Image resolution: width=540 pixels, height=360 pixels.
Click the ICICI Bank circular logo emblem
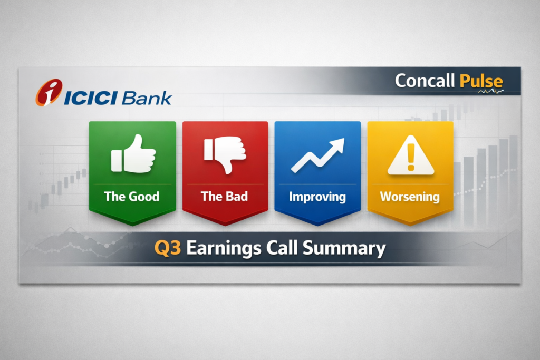click(x=49, y=93)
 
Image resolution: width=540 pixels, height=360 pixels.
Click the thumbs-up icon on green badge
click(x=133, y=154)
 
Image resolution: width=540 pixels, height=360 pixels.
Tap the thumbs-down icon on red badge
click(x=225, y=154)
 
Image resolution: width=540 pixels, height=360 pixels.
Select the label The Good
click(x=132, y=197)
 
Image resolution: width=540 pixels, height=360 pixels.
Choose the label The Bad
click(x=225, y=197)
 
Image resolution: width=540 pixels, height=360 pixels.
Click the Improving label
click(x=317, y=197)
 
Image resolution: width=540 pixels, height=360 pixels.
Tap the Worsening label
click(x=410, y=197)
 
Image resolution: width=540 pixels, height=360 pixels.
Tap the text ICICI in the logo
click(x=91, y=98)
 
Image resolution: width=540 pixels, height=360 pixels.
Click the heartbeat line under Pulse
click(x=490, y=92)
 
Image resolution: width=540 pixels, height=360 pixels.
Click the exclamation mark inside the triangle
click(x=411, y=158)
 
